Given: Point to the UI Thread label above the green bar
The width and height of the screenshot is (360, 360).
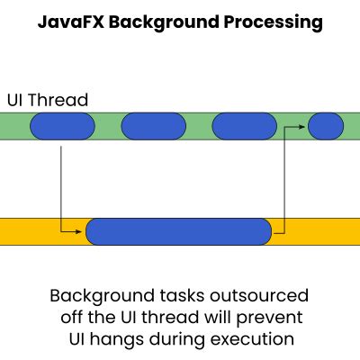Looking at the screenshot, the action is pyautogui.click(x=48, y=100).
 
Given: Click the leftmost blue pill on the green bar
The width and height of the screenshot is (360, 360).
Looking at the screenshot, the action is pyautogui.click(x=62, y=126).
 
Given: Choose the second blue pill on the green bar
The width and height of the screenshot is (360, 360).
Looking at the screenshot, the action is pyautogui.click(x=154, y=126).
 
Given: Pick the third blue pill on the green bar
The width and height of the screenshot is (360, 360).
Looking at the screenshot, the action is pyautogui.click(x=245, y=126).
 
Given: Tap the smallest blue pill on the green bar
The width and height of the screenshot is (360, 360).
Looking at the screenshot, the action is pyautogui.click(x=326, y=126).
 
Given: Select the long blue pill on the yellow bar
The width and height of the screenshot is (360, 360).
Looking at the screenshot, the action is pyautogui.click(x=179, y=231).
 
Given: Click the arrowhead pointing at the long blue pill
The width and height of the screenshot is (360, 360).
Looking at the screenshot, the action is pyautogui.click(x=78, y=231).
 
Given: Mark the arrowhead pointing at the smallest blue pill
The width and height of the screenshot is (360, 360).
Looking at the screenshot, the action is pyautogui.click(x=301, y=127).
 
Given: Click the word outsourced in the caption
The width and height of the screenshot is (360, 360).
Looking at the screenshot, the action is pyautogui.click(x=259, y=295).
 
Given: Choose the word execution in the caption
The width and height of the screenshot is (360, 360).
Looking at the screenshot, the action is pyautogui.click(x=252, y=339).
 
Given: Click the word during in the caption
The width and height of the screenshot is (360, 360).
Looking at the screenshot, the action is pyautogui.click(x=177, y=340).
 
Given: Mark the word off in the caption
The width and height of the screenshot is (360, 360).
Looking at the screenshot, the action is pyautogui.click(x=72, y=318).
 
